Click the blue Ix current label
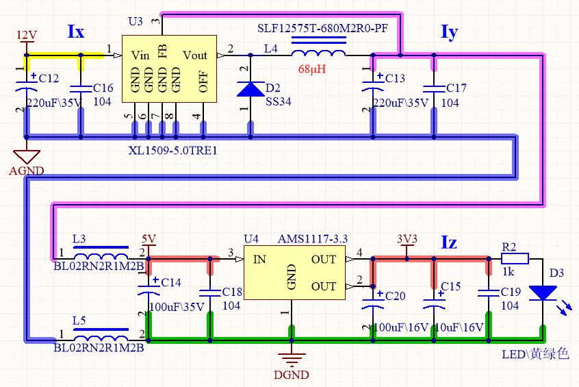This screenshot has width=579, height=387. tap(76, 32)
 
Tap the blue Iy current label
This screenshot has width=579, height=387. tap(450, 32)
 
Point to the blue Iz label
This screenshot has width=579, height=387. tap(449, 242)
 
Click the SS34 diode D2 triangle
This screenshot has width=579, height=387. tap(250, 89)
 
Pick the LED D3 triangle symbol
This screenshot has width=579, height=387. tap(543, 292)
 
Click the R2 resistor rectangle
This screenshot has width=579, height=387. tap(515, 259)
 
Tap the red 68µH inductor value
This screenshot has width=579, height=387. tap(312, 69)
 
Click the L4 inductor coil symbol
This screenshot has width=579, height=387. tap(319, 53)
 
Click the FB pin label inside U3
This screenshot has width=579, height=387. tap(162, 51)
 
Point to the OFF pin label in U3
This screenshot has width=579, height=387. tap(203, 82)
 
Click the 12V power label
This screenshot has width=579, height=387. tap(27, 35)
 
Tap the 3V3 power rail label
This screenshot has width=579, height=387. tap(407, 239)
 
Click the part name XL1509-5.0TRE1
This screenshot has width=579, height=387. tap(173, 151)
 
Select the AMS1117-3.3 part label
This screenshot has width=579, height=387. tap(313, 239)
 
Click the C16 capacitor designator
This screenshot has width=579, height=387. tap(103, 88)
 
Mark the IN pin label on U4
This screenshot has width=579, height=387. tap(259, 260)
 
